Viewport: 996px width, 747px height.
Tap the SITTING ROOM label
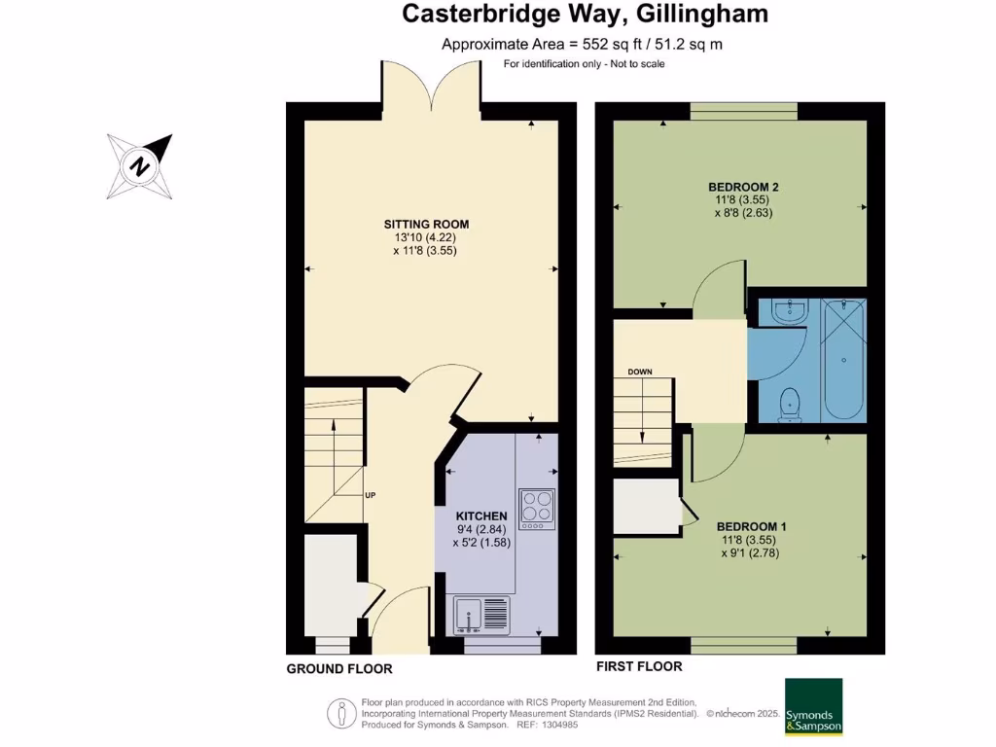(x=419, y=225)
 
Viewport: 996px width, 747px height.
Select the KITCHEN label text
(x=481, y=516)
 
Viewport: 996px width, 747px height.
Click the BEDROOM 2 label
(x=743, y=187)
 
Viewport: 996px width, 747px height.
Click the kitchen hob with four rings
(x=537, y=508)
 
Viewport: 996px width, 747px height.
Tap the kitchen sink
(x=481, y=615)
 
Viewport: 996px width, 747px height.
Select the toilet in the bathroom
(x=790, y=403)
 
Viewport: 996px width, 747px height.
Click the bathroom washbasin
(x=790, y=311)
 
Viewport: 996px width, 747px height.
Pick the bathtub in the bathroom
(x=842, y=360)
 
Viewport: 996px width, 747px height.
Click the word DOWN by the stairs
(x=640, y=373)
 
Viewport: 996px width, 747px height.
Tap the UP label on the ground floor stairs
(x=370, y=495)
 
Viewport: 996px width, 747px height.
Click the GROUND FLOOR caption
(x=339, y=669)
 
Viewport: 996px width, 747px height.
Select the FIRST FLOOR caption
(x=638, y=667)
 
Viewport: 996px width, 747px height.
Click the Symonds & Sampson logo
(x=813, y=707)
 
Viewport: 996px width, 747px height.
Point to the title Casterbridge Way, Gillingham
(x=586, y=14)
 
